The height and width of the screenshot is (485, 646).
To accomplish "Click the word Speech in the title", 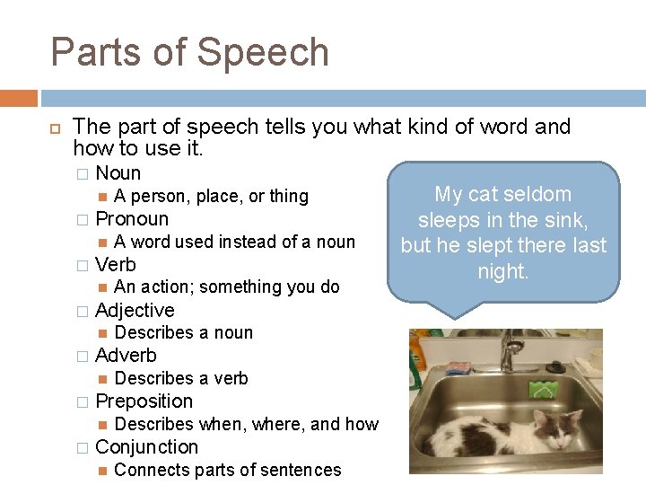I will pyautogui.click(x=263, y=52).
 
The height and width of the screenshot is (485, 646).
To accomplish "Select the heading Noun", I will pyautogui.click(x=118, y=173).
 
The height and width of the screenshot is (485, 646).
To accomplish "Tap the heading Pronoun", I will pyautogui.click(x=131, y=219).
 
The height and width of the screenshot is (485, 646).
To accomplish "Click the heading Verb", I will pyautogui.click(x=115, y=265).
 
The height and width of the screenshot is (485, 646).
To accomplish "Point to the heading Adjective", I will pyautogui.click(x=135, y=311).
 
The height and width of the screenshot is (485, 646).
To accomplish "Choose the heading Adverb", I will pyautogui.click(x=126, y=356).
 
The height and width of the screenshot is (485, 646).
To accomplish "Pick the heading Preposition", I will pyautogui.click(x=144, y=401).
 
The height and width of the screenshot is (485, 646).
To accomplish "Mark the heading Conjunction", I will pyautogui.click(x=146, y=447).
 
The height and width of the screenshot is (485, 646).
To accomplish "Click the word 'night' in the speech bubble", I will pyautogui.click(x=502, y=272).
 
